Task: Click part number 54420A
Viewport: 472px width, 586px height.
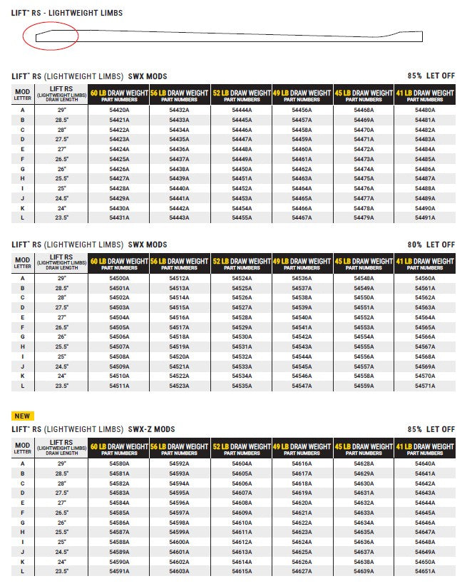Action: tap(119, 110)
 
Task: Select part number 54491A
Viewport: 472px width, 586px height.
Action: tap(425, 217)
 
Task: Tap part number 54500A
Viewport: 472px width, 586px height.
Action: tap(119, 279)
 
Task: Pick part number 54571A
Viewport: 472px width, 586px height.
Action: tap(425, 386)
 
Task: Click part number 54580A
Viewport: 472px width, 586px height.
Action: tap(119, 464)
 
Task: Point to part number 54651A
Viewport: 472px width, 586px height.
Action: tap(425, 571)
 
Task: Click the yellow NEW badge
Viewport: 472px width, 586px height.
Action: tap(23, 416)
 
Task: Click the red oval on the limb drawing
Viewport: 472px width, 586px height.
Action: tap(50, 35)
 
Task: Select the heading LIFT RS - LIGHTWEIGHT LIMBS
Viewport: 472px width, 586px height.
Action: tap(67, 13)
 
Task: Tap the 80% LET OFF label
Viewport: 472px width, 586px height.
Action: tap(431, 245)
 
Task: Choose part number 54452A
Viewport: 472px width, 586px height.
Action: tap(241, 188)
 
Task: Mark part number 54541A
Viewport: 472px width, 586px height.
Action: tap(302, 327)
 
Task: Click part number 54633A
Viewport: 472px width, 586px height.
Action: tap(364, 513)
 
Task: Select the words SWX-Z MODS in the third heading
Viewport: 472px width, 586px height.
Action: tap(151, 430)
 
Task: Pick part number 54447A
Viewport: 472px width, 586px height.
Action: tap(241, 140)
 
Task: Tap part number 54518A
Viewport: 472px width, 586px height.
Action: tap(179, 337)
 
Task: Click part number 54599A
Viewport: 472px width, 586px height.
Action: tap(179, 533)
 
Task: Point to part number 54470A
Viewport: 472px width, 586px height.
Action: tap(364, 130)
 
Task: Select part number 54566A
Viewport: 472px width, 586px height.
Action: tap(425, 337)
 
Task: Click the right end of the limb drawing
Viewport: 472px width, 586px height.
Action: tap(421, 36)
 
